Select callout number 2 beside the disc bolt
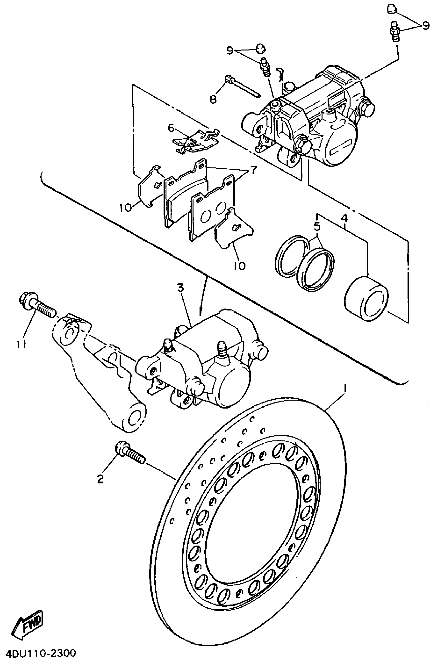[x=100, y=479]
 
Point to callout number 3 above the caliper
[x=181, y=288]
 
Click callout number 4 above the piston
[x=344, y=219]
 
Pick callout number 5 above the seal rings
[x=317, y=226]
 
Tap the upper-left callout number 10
[x=126, y=207]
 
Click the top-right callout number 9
[x=426, y=26]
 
